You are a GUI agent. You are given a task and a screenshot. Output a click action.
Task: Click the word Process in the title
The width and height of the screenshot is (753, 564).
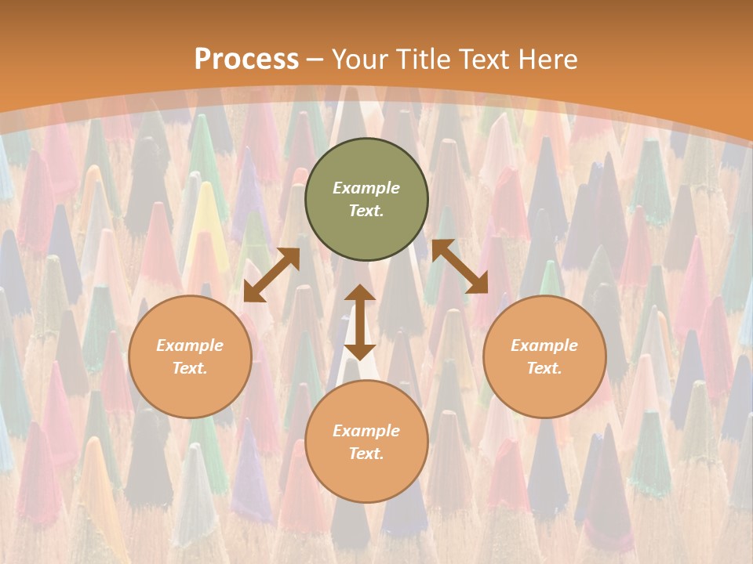(246, 60)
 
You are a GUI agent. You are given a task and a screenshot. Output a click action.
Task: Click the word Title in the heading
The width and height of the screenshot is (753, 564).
(422, 60)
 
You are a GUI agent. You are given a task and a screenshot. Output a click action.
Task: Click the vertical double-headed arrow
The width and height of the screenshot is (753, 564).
(360, 322)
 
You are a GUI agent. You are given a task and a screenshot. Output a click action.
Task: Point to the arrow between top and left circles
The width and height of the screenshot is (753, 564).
(271, 275)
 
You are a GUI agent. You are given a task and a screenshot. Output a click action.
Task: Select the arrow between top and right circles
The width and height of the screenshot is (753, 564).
(460, 266)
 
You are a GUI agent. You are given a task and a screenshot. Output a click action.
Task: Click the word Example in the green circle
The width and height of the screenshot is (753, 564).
(366, 188)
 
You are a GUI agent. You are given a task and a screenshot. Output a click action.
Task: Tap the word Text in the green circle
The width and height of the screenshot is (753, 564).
(366, 211)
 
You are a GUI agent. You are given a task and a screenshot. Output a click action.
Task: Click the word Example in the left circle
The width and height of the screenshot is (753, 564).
(190, 345)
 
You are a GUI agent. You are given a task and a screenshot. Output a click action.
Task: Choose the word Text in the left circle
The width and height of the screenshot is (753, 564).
(190, 368)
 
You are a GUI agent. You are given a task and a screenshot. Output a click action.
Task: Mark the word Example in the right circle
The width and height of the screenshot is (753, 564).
(544, 345)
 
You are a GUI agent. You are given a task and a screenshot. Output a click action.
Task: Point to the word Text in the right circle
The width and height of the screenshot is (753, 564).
(544, 368)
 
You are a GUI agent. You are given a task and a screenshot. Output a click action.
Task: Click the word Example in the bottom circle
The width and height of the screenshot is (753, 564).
(366, 431)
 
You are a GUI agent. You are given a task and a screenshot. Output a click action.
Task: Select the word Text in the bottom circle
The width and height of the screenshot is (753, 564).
(366, 454)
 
